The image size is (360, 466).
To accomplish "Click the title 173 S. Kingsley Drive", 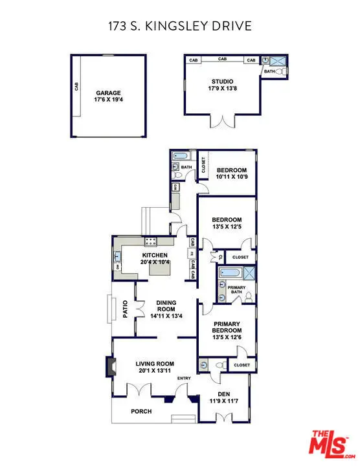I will [179, 26].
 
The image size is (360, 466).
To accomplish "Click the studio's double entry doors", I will [224, 122].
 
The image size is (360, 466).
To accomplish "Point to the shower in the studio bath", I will [278, 61].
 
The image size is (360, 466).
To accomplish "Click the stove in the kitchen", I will [151, 242].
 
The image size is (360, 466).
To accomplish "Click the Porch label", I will [141, 411].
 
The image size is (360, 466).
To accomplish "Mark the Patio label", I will [125, 309].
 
